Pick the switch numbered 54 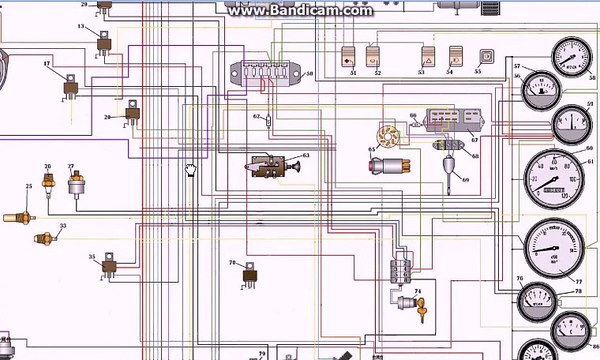point(452,58)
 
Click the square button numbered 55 point(487,57)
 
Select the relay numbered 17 point(72,86)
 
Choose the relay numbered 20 point(132,118)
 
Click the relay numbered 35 point(111,266)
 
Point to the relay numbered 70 point(249,273)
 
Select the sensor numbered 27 point(72,184)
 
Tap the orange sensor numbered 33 point(43,238)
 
